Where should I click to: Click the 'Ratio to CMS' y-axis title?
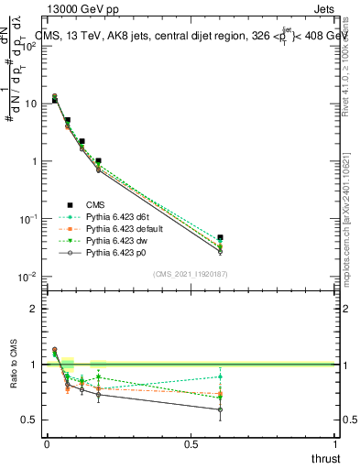click(x=14, y=365)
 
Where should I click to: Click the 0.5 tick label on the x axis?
click(x=191, y=444)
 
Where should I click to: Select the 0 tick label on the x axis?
click(x=47, y=444)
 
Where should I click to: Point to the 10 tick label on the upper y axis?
click(x=32, y=104)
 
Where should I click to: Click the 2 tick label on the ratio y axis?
click(x=34, y=309)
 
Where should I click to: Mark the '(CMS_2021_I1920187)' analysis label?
click(x=190, y=274)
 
